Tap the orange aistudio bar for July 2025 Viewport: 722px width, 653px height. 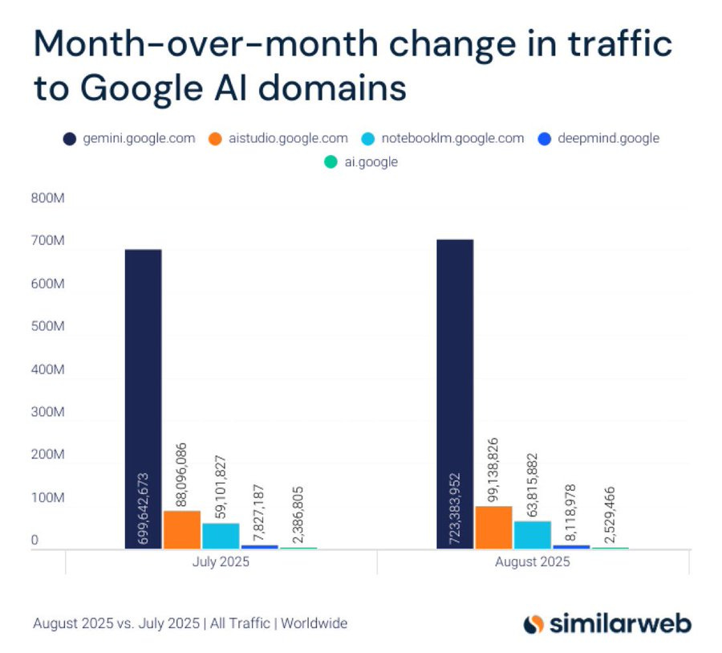pyautogui.click(x=182, y=529)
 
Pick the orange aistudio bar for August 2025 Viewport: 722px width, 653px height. pyautogui.click(x=493, y=527)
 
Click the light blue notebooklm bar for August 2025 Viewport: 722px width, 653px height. pyautogui.click(x=532, y=534)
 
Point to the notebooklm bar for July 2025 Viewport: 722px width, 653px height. pyautogui.click(x=221, y=536)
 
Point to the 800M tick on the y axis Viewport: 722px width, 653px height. pyautogui.click(x=47, y=198)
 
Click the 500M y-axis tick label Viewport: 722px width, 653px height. pyautogui.click(x=47, y=327)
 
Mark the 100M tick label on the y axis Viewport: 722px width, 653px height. pyautogui.click(x=47, y=498)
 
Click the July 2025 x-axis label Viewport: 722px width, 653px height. pyautogui.click(x=221, y=561)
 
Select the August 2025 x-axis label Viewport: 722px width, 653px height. pyautogui.click(x=532, y=561)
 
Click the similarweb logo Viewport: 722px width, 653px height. pyautogui.click(x=606, y=623)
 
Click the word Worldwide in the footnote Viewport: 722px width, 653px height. pyautogui.click(x=314, y=623)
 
